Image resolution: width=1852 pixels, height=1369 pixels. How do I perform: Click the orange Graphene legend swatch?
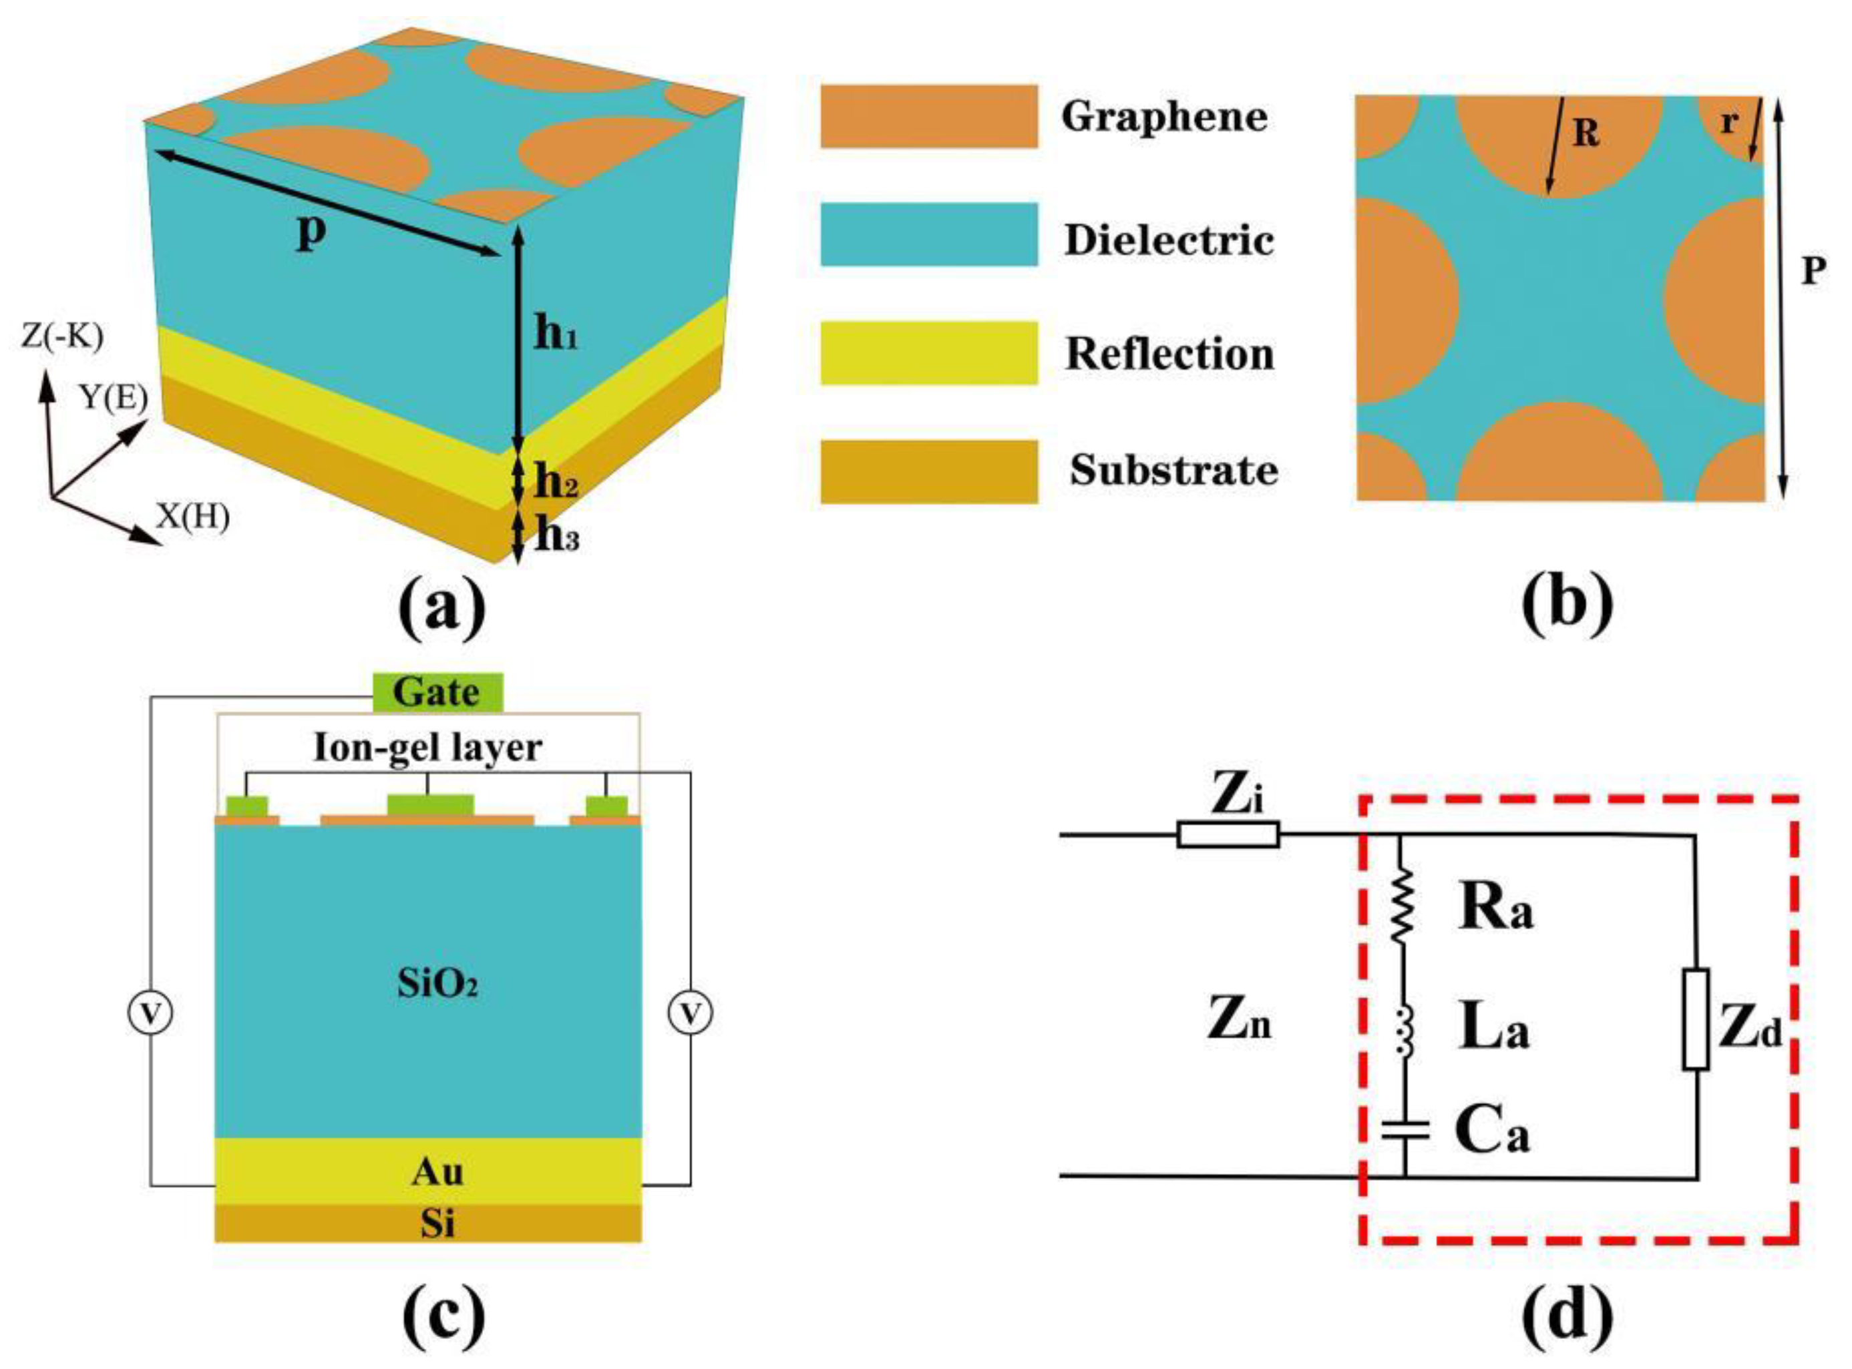[x=928, y=116]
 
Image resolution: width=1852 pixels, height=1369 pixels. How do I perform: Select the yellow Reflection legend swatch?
[x=928, y=353]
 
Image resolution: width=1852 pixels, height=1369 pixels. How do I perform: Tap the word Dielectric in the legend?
[x=1169, y=240]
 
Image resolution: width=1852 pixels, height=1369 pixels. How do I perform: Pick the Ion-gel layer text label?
[x=427, y=748]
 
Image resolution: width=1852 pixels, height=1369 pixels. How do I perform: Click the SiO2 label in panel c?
[x=437, y=985]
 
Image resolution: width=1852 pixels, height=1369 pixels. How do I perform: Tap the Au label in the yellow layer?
[x=437, y=1171]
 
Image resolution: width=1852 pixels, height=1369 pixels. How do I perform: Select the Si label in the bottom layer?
[x=437, y=1223]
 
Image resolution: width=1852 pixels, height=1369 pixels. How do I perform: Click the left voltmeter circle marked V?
[x=150, y=1013]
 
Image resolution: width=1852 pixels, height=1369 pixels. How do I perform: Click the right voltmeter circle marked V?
[x=691, y=1013]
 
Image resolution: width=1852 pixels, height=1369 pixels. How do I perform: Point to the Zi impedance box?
[x=1228, y=834]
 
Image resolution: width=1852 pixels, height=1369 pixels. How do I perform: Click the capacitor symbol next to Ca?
[x=1405, y=1130]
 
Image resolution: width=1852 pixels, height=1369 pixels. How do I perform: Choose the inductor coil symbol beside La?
[x=1403, y=1032]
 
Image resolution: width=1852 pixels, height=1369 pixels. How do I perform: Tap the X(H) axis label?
[x=193, y=517]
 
